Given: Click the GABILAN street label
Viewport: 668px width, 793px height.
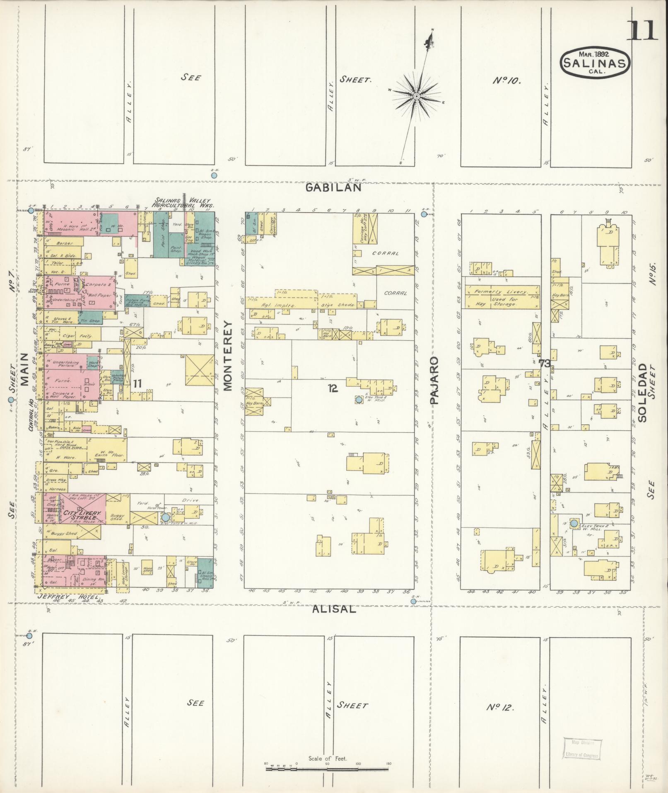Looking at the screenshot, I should pos(333,187).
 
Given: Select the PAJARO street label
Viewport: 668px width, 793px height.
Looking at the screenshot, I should pos(434,380).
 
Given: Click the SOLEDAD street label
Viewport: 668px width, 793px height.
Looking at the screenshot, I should pos(642,393).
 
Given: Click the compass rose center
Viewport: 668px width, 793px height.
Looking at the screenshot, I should pos(416,96).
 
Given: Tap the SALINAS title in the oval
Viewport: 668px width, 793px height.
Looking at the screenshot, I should pos(595,63).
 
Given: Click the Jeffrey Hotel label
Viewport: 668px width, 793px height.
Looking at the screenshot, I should pos(68,597).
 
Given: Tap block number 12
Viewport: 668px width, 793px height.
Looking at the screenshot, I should pos(333,388).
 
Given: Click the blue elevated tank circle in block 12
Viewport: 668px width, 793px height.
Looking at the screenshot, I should pos(359,400).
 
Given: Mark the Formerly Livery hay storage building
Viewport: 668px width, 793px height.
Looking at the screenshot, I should pos(502,297).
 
